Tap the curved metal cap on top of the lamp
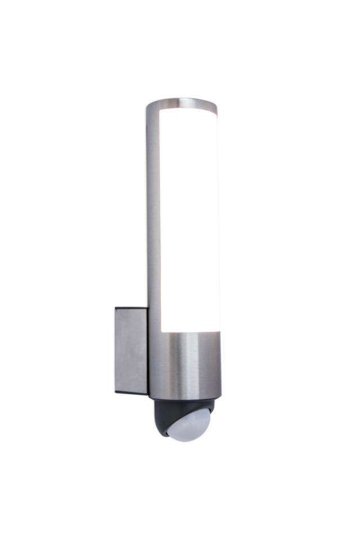pyautogui.click(x=181, y=103)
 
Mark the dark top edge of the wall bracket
pyautogui.click(x=132, y=308)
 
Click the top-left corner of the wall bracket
pyautogui.click(x=116, y=308)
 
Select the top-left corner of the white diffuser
pyautogui.click(x=162, y=112)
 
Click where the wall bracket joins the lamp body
pyautogui.click(x=148, y=349)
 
